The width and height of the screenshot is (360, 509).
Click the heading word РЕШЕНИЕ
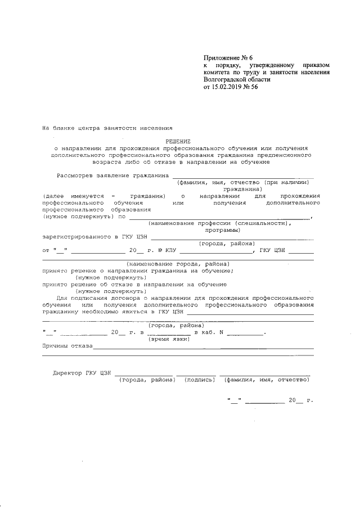point(178,141)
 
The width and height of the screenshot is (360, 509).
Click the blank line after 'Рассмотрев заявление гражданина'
point(242,176)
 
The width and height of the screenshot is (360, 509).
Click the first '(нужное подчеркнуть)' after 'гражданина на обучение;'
point(111,277)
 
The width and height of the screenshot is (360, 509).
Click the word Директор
point(67,373)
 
